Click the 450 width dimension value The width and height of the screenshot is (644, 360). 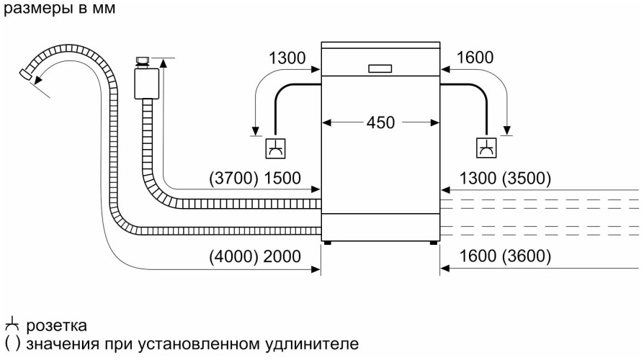[x=380, y=123]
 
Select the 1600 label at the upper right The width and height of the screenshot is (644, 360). [x=474, y=58]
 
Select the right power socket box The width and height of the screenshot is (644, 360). [x=487, y=147]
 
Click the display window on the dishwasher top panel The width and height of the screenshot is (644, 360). [x=380, y=68]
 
